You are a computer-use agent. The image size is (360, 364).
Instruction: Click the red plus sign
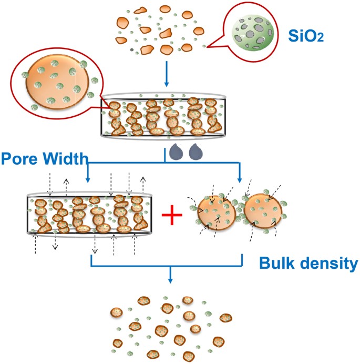click(x=174, y=216)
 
